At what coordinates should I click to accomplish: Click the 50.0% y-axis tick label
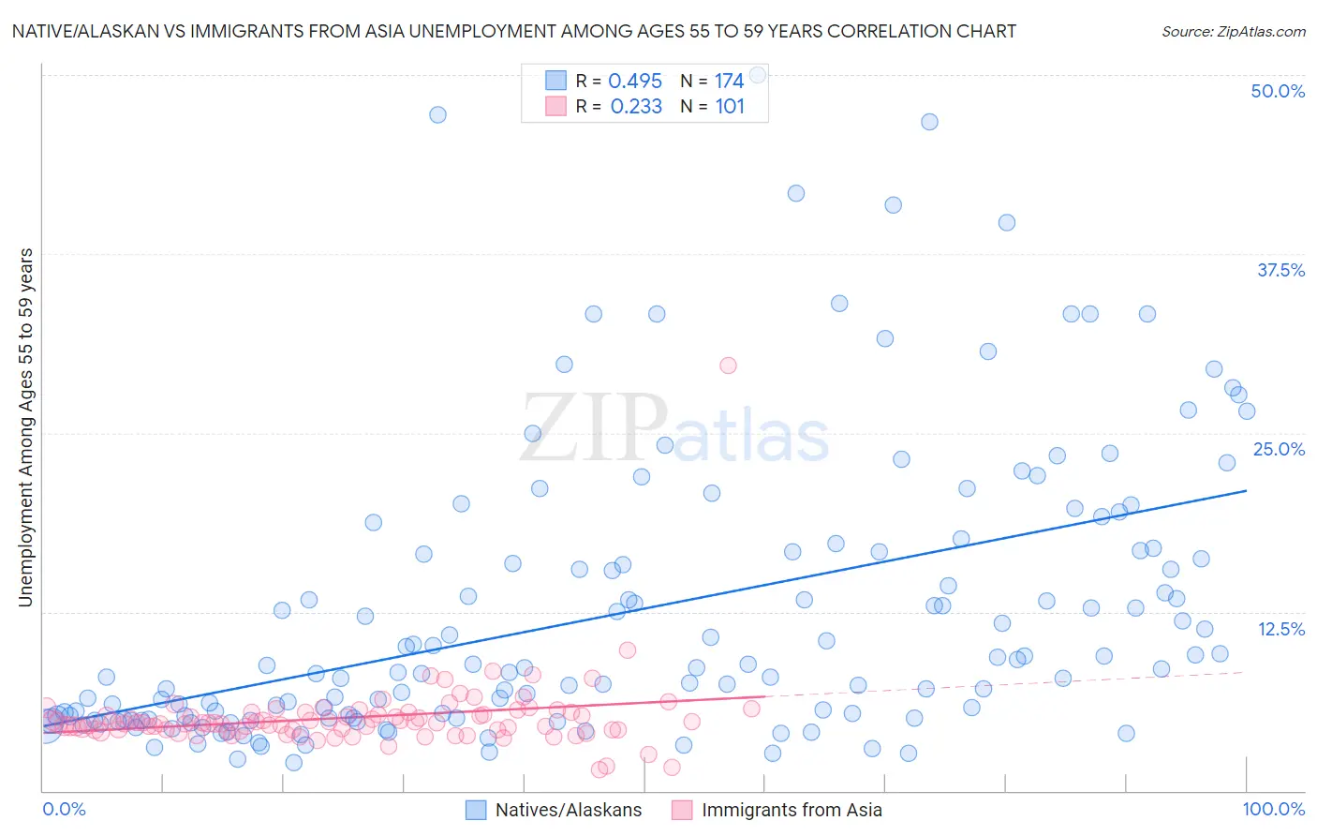coord(1278,91)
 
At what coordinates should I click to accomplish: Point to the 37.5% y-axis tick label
coord(1280,270)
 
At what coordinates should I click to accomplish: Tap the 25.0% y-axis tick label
coord(1279,449)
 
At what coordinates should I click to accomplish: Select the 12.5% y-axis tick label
coord(1280,629)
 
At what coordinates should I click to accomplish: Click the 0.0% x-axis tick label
coord(64,809)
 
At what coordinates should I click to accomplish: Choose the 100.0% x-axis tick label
coord(1273,809)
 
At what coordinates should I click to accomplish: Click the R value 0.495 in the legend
coord(635,82)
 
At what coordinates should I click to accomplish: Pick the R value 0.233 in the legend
coord(636,107)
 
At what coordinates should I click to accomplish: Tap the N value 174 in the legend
coord(729,82)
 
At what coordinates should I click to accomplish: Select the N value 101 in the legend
coord(730,107)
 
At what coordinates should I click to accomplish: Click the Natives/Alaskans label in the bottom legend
coord(569,811)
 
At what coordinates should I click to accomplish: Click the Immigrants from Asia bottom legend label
coord(792,811)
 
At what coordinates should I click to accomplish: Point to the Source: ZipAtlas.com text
coord(1233,32)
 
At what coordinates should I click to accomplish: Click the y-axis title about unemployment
coord(26,427)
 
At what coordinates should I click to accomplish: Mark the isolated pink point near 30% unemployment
coord(728,366)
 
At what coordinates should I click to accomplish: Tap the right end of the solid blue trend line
coord(1246,490)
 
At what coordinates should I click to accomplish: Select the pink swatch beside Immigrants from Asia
coord(682,811)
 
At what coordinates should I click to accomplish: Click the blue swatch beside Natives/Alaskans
coord(476,811)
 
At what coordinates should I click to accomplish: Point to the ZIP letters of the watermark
coord(594,428)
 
